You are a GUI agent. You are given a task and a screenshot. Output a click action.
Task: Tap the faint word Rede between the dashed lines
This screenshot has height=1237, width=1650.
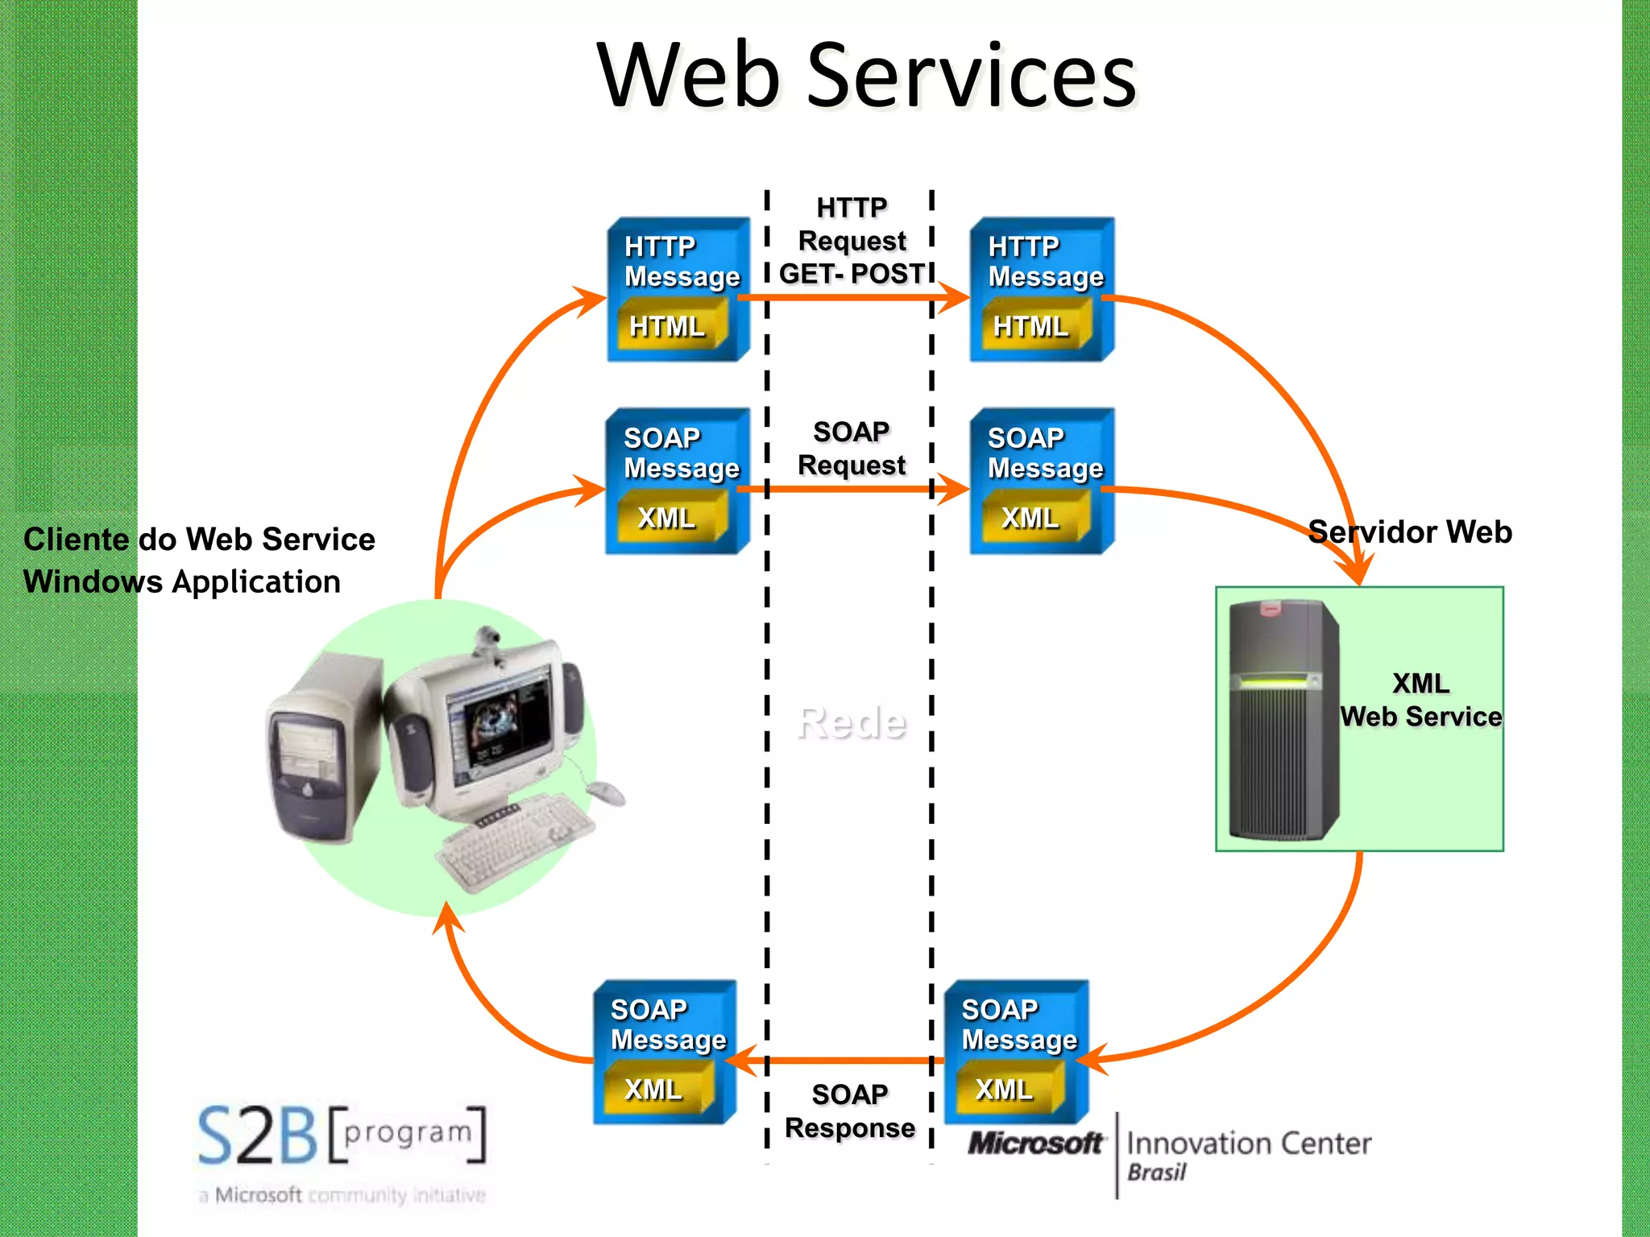851,722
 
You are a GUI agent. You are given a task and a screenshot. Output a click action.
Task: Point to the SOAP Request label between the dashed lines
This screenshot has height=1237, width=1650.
851,449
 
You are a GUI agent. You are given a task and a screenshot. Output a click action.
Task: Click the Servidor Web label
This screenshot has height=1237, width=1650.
1409,532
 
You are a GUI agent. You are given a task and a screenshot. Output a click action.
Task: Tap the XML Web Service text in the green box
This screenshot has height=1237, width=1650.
1420,700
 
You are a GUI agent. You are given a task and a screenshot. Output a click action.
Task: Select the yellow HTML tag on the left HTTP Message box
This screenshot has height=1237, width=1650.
667,326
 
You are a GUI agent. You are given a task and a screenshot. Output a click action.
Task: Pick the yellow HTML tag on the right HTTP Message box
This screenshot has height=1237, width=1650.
1030,326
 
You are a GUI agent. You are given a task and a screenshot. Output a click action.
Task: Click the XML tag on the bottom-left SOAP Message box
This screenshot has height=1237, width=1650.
653,1090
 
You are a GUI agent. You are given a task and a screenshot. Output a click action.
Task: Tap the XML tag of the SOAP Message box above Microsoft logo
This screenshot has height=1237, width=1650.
1004,1090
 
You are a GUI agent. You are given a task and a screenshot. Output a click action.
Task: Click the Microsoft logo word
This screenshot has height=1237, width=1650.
1034,1144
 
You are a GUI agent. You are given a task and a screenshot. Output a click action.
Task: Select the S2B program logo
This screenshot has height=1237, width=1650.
342,1136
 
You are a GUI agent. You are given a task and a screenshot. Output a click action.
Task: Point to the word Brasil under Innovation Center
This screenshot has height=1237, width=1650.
1156,1173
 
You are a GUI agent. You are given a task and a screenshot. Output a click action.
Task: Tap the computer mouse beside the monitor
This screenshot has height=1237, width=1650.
606,792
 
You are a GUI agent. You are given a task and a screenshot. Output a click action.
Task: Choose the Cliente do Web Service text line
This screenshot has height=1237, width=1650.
199,540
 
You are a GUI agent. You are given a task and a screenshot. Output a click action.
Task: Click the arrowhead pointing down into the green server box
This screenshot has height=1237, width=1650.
1358,573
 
